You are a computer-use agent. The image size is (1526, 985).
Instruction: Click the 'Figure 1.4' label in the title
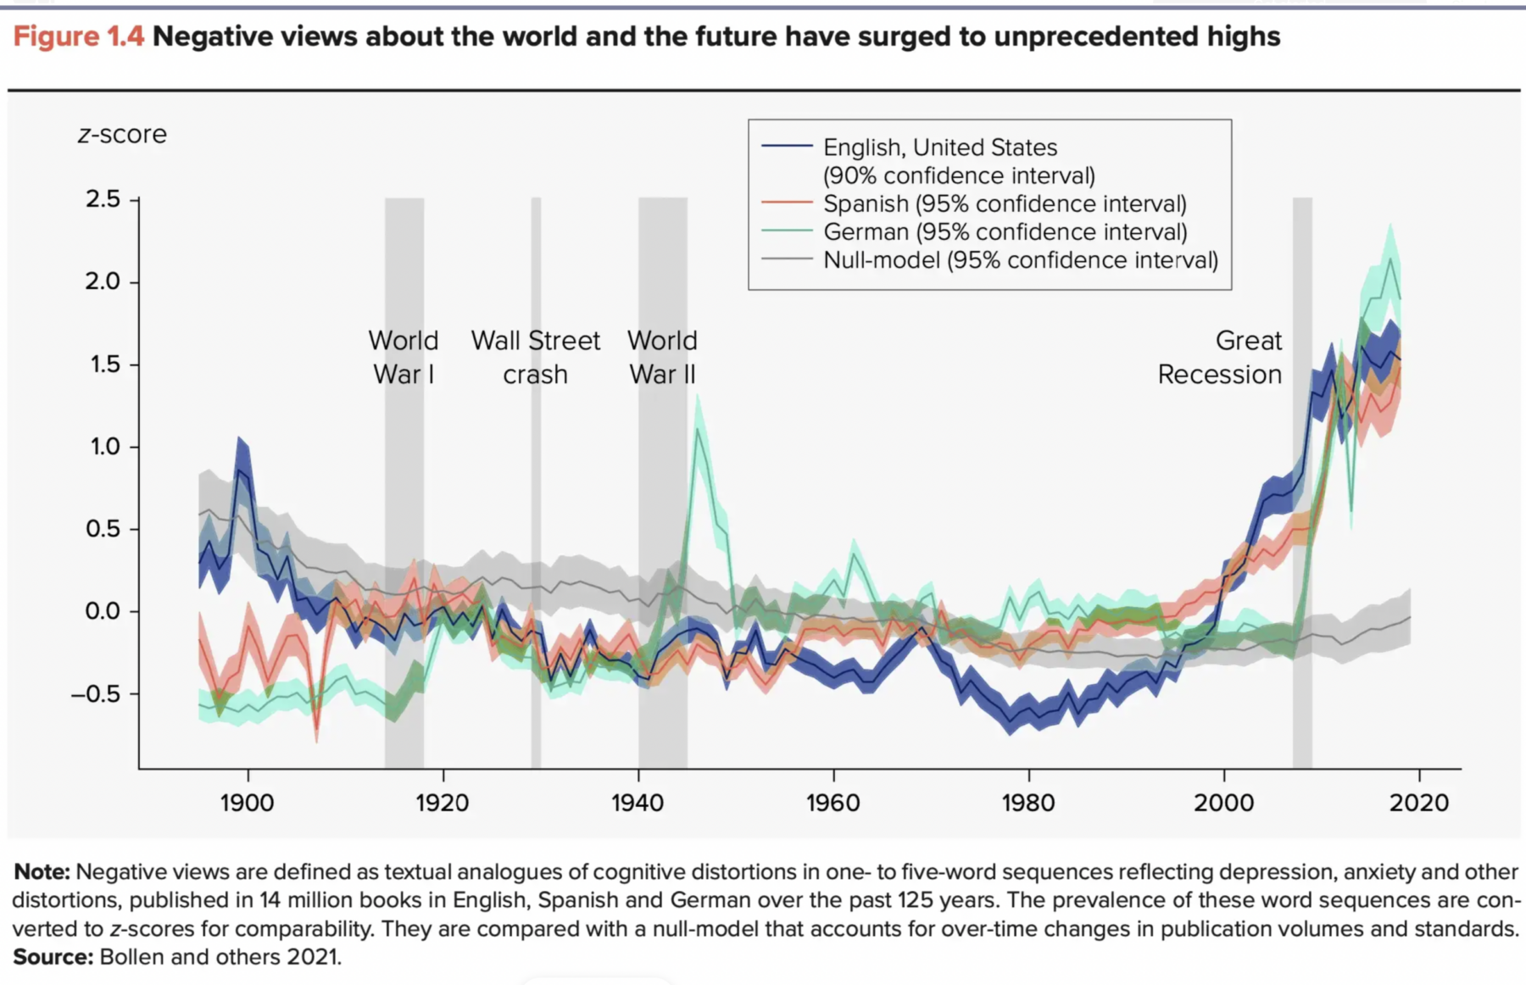click(x=78, y=36)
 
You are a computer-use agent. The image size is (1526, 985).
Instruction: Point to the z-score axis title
click(x=122, y=134)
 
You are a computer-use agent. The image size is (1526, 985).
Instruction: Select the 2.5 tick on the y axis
click(x=103, y=199)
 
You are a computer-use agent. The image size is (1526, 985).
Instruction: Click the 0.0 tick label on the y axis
click(x=103, y=611)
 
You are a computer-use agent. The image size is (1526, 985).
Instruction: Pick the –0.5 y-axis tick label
click(x=96, y=693)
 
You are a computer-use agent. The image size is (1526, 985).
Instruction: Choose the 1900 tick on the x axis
click(x=247, y=802)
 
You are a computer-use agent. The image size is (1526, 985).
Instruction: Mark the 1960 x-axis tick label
click(x=833, y=802)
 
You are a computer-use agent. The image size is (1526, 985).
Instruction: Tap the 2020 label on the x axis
click(x=1418, y=802)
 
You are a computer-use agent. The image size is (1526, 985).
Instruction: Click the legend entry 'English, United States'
click(x=939, y=147)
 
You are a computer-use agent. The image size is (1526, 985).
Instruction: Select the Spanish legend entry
click(x=1004, y=203)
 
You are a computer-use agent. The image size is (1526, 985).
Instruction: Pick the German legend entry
click(x=1005, y=231)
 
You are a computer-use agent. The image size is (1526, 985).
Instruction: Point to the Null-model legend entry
click(x=1020, y=259)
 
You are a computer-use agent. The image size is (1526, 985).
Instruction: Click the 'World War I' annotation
click(x=404, y=357)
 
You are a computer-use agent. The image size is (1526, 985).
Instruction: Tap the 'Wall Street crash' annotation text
click(x=535, y=357)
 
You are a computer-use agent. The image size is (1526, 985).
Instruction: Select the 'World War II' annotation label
click(x=662, y=357)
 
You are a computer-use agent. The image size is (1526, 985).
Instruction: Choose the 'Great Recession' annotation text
click(x=1220, y=357)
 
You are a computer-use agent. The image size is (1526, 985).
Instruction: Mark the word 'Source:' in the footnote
click(x=53, y=957)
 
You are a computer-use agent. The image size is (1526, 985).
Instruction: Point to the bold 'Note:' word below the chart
click(x=42, y=871)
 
